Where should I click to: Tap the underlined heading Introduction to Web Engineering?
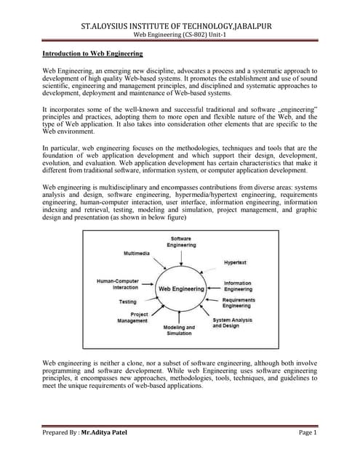(x=92, y=54)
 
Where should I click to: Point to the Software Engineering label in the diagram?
(x=181, y=242)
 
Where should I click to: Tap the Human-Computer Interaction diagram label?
(x=117, y=283)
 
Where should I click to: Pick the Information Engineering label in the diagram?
(x=238, y=286)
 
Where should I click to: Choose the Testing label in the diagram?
(x=127, y=301)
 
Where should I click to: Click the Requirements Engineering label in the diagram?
(x=239, y=303)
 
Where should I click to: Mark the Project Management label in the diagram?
(x=132, y=318)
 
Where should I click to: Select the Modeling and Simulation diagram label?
(x=178, y=331)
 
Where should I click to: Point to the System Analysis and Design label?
(x=232, y=323)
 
